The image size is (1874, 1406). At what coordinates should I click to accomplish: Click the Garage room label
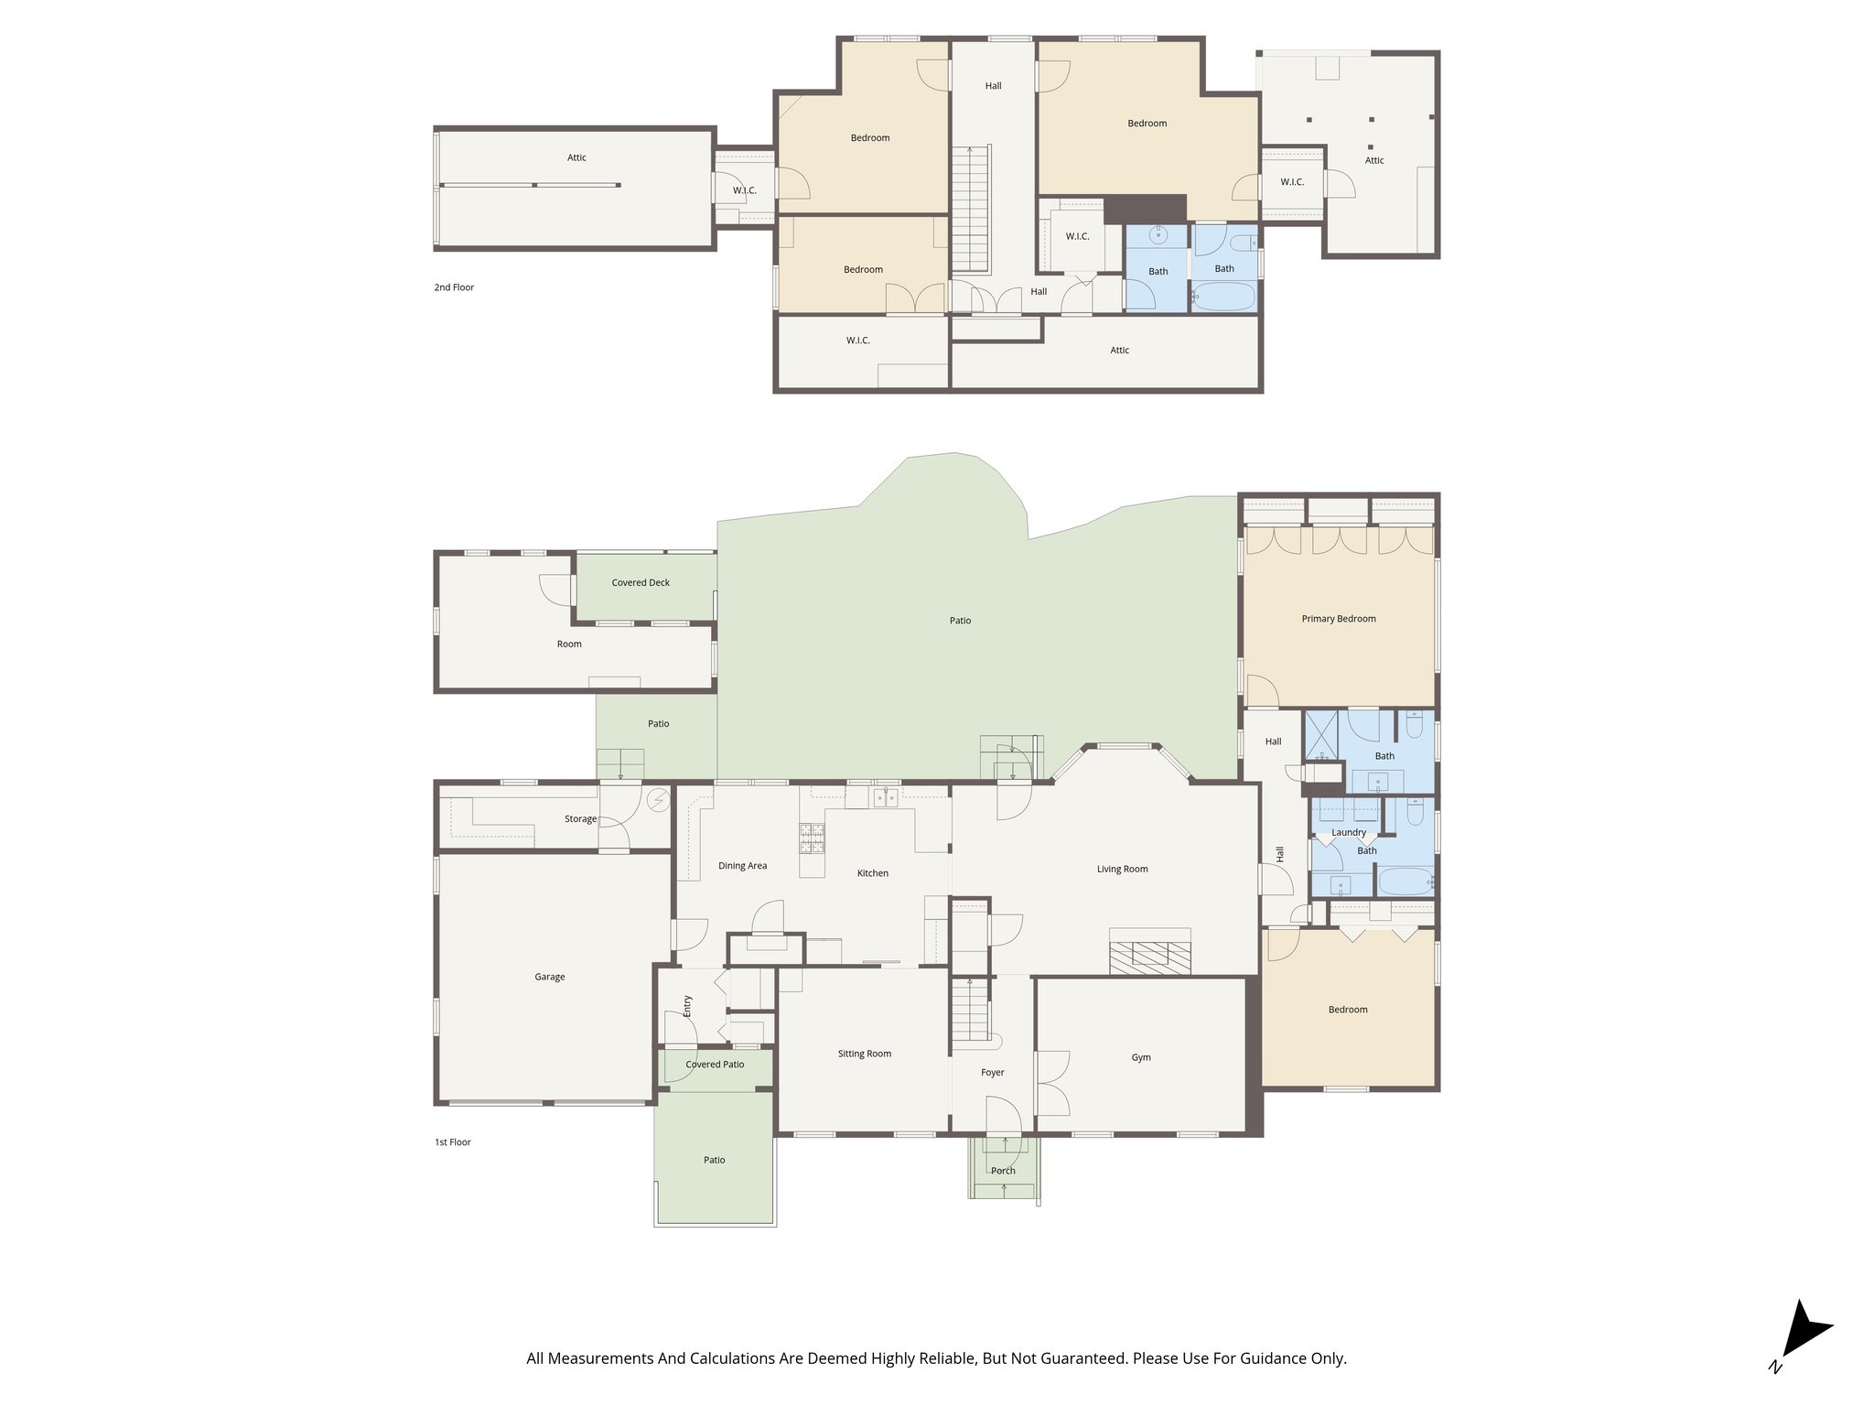coord(549,977)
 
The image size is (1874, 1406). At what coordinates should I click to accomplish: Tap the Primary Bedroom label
coord(1338,619)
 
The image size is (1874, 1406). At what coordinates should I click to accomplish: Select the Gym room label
coord(1140,1057)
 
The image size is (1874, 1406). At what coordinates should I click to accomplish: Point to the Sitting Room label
coord(864,1054)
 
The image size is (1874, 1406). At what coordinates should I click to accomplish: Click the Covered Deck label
coord(641,582)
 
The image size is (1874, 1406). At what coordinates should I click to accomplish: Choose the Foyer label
coord(992,1072)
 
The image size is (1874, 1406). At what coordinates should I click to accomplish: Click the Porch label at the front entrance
coord(1003,1171)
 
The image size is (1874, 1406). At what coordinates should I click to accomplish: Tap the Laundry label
coord(1348,832)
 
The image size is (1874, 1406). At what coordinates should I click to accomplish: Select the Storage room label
coord(580,819)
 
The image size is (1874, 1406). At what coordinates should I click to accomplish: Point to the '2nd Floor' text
coord(454,287)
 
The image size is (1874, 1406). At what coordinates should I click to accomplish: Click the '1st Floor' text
coord(452,1142)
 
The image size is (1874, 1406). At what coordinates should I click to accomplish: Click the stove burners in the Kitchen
coord(812,838)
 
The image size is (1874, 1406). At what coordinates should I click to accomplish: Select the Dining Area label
coord(742,866)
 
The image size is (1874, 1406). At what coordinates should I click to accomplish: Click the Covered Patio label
coord(715,1065)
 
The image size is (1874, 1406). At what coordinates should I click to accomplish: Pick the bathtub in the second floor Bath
coord(1223,298)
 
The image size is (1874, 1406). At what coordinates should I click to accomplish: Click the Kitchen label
coord(872,873)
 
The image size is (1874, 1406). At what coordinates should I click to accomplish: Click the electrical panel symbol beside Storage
coord(658,801)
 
